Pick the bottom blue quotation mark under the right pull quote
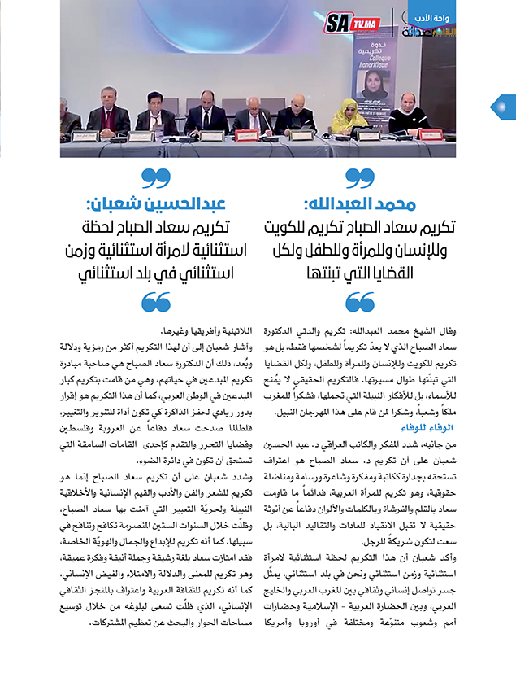tap(360, 304)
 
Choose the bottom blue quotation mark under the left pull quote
tap(155, 304)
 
